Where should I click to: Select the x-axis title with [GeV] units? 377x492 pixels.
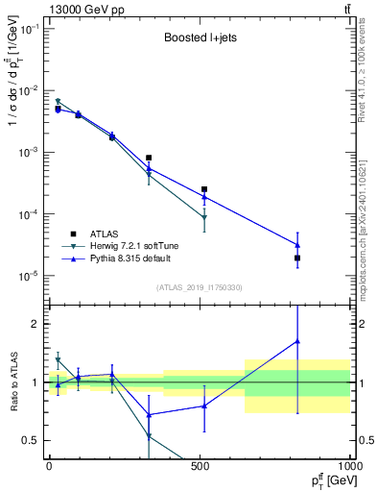point(321,480)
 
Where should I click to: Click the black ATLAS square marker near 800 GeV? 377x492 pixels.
point(297,258)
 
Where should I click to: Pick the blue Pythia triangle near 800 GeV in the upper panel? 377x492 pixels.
point(297,245)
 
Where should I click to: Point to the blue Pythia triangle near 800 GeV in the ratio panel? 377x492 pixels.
point(297,341)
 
